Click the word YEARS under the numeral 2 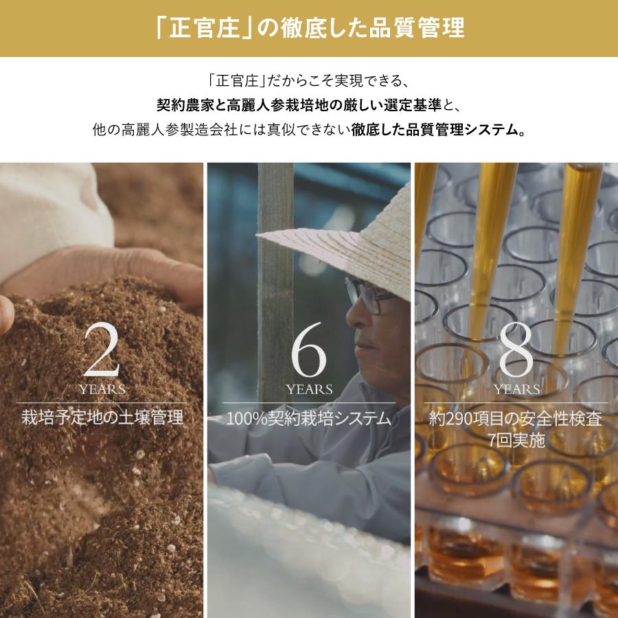pyautogui.click(x=102, y=389)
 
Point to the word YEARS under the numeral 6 pyautogui.click(x=309, y=389)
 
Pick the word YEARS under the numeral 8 pyautogui.click(x=516, y=389)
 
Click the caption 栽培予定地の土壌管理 pyautogui.click(x=102, y=417)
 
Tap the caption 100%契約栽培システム pyautogui.click(x=308, y=417)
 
